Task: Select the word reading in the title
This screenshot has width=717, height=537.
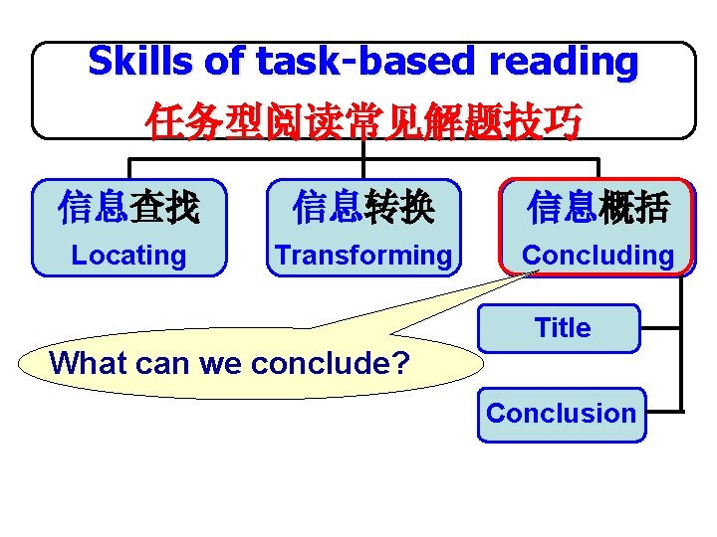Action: [564, 62]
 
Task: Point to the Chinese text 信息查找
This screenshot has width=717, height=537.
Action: [128, 208]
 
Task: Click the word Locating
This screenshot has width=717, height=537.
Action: [128, 256]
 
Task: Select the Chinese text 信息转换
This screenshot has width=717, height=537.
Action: [363, 208]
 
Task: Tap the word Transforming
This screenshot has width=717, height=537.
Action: [363, 256]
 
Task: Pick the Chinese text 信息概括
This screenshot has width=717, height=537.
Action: [597, 208]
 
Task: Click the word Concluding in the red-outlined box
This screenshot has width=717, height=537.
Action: [597, 256]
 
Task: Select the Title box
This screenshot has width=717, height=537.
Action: [561, 328]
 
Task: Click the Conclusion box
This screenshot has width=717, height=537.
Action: [561, 414]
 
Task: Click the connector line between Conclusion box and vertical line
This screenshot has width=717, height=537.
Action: [664, 411]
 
